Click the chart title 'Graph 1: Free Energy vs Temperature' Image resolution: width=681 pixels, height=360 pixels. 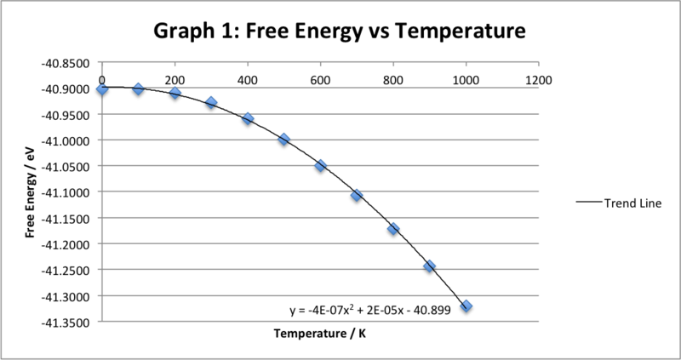340,31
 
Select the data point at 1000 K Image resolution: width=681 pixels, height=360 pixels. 466,306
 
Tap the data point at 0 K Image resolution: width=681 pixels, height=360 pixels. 102,89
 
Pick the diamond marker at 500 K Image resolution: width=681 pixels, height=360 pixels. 284,139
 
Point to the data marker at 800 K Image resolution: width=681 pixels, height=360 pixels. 393,229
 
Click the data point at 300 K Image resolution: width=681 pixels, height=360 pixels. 211,102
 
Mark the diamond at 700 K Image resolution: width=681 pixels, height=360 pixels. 357,195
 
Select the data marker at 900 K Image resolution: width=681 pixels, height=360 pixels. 430,266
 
